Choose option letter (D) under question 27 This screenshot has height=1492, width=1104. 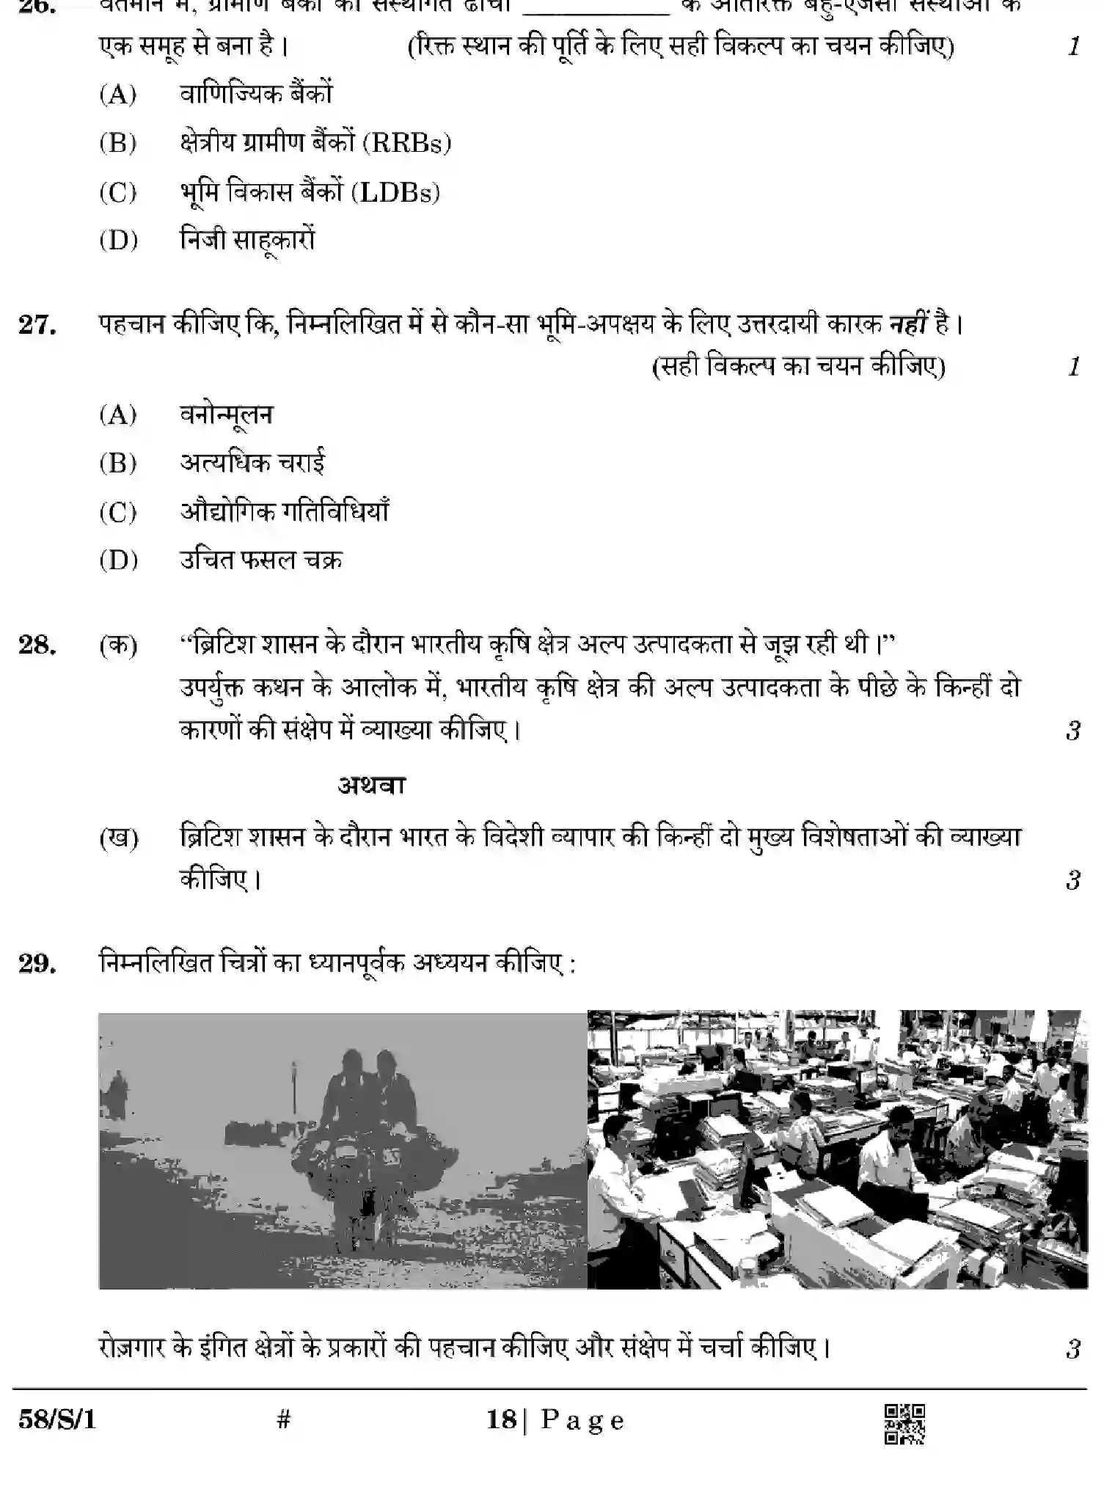tap(118, 560)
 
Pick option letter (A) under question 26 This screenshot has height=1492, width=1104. tap(118, 94)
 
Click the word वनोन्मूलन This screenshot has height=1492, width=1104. tap(226, 415)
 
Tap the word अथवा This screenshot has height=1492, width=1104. tap(371, 786)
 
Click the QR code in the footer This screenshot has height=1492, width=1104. tap(904, 1425)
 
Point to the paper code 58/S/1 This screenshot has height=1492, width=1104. tap(57, 1421)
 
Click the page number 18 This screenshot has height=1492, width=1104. tap(502, 1420)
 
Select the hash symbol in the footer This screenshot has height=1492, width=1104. tap(284, 1420)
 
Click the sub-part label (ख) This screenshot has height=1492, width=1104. tap(119, 838)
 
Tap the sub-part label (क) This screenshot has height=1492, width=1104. tap(118, 646)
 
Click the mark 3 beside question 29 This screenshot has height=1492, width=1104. tap(1073, 1349)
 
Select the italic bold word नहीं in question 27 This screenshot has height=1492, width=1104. tap(908, 324)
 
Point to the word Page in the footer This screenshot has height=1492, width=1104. tap(582, 1421)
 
